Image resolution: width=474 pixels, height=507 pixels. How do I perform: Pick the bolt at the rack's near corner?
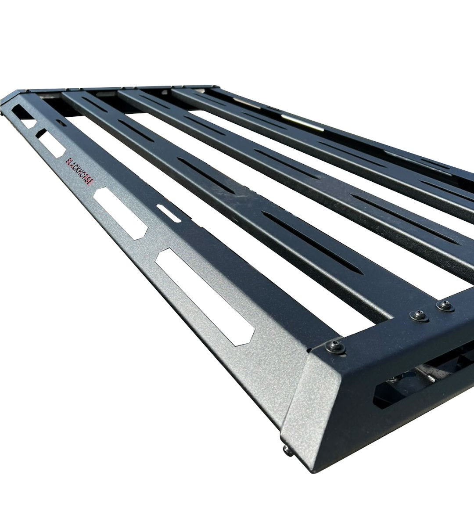(x=335, y=347)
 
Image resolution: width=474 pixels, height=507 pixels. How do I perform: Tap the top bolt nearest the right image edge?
(x=445, y=305)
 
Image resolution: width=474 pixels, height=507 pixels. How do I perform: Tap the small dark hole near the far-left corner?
(x=61, y=123)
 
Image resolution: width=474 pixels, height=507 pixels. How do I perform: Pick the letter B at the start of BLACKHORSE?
(x=68, y=161)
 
